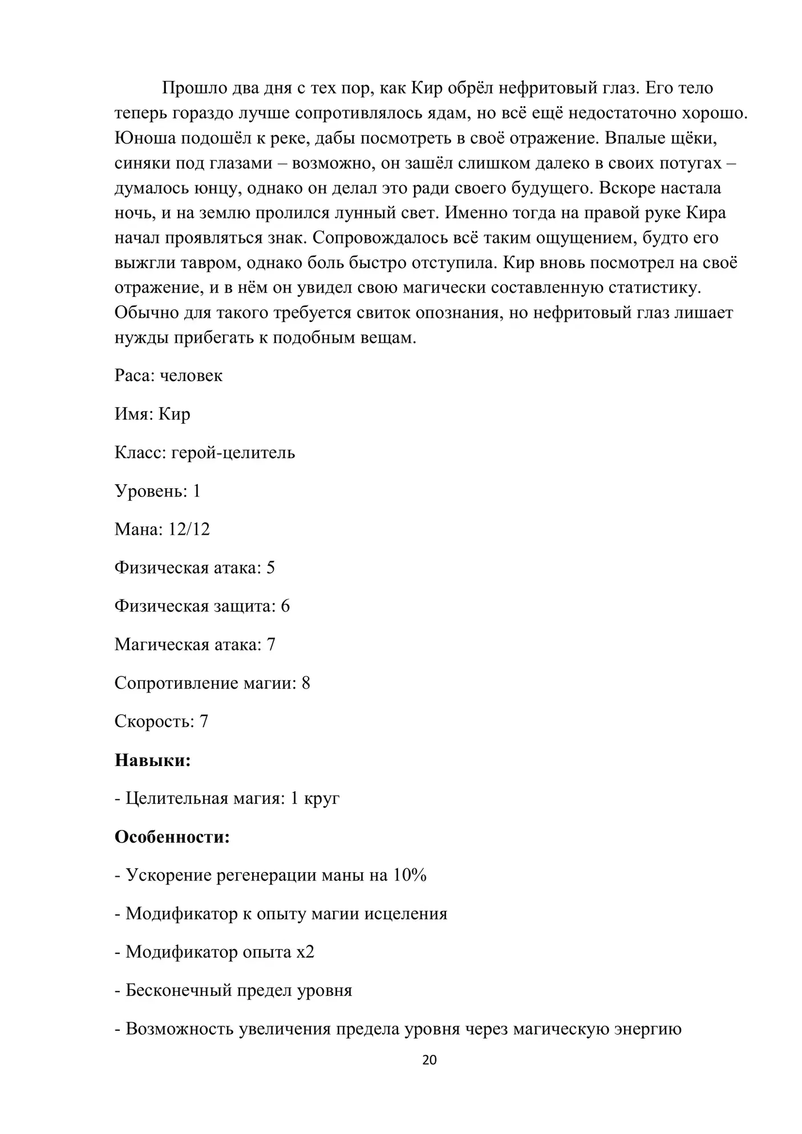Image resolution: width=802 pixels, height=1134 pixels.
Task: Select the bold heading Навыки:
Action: pos(152,760)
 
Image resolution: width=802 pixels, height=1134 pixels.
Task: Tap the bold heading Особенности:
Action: pos(172,837)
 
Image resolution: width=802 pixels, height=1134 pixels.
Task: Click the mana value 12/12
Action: pos(189,529)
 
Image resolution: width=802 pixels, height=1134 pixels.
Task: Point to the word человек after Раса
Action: pos(191,375)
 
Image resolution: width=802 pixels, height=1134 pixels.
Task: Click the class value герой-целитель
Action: pos(233,452)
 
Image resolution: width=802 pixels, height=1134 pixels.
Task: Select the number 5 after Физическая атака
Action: pos(270,568)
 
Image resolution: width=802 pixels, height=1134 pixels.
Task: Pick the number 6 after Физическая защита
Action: pos(285,606)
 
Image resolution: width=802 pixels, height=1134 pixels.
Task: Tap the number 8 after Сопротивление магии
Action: pos(306,683)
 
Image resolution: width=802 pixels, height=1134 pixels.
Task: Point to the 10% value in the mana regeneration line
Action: pos(410,875)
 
